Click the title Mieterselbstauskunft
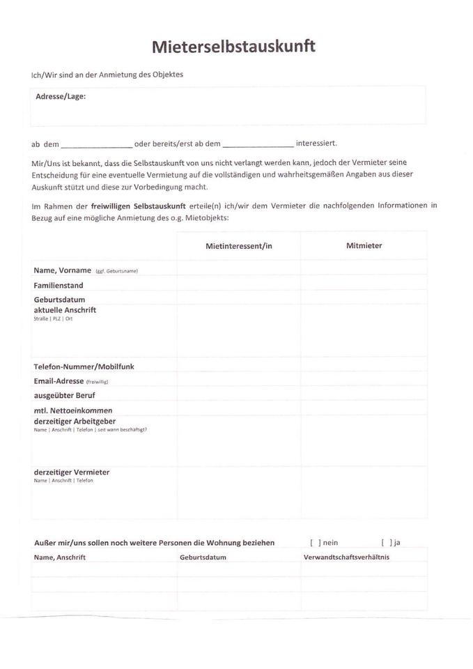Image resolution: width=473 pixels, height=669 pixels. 233,47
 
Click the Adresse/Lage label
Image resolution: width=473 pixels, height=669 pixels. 61,97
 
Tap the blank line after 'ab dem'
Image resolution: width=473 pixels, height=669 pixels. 96,145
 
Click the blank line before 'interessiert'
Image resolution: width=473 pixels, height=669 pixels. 258,145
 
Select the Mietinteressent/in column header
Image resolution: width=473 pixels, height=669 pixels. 238,246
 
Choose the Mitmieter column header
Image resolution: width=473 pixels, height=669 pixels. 364,245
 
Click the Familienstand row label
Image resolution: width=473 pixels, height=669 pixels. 59,285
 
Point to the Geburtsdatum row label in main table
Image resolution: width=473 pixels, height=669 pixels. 59,300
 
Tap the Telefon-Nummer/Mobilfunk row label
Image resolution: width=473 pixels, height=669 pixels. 84,367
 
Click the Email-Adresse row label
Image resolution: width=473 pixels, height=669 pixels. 59,381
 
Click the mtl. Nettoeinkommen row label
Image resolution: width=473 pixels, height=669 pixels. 72,410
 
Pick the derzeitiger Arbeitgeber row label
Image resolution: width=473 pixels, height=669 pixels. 75,421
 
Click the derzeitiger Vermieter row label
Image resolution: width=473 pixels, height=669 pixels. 72,472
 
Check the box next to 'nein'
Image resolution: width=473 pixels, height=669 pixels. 316,543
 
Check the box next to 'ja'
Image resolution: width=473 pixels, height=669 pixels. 387,543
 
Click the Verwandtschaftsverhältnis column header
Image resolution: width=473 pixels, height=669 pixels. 346,557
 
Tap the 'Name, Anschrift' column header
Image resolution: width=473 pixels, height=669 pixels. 59,557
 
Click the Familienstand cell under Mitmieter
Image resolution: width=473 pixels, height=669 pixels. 364,285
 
